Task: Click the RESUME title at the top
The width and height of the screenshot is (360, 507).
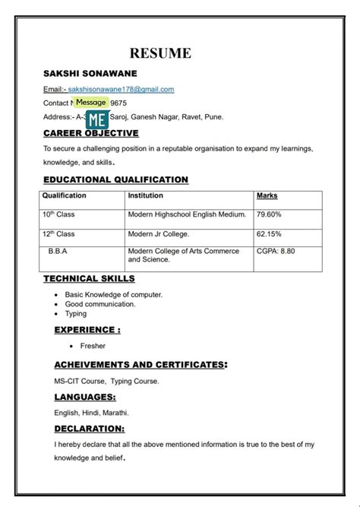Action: pos(160,52)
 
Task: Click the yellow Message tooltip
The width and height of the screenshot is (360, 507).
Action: pos(91,102)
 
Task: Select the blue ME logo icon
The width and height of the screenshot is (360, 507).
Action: pos(96,119)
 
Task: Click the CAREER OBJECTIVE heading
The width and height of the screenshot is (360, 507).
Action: pos(91,133)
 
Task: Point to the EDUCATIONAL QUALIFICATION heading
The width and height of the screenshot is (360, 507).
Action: pos(115,179)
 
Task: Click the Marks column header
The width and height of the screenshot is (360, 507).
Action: pos(267,196)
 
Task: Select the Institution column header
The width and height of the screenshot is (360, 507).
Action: pos(145,196)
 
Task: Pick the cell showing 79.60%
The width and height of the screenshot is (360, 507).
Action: pos(270,215)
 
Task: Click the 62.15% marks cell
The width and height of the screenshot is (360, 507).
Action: pos(269,234)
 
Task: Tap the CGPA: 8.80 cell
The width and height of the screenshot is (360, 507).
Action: pos(276,252)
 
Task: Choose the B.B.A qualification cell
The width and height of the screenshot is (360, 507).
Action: pos(60,252)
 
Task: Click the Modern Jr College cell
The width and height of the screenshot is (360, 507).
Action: pos(159,234)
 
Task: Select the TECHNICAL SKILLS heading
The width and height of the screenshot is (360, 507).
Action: pos(90,279)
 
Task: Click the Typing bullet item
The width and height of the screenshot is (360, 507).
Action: pos(76,313)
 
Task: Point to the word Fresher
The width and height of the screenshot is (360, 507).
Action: pos(93,346)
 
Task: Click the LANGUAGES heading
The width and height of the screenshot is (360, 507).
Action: pos(85,398)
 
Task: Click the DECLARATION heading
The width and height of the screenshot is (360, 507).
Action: pos(91,429)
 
